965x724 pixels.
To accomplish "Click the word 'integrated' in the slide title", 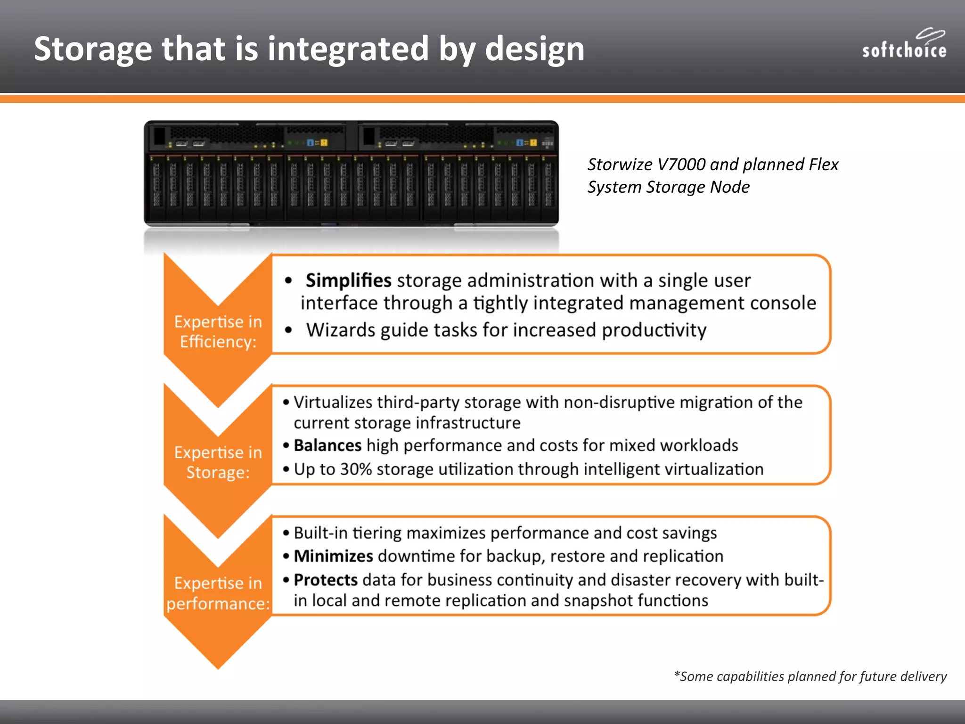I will pyautogui.click(x=348, y=49).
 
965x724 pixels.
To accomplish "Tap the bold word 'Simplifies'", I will pyautogui.click(x=348, y=280).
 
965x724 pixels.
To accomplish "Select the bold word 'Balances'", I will pyautogui.click(x=327, y=445).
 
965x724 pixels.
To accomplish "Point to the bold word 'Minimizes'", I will pyautogui.click(x=333, y=556).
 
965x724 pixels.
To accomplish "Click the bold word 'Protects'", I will pyautogui.click(x=326, y=580).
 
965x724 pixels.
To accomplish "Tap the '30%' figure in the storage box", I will pyautogui.click(x=356, y=469).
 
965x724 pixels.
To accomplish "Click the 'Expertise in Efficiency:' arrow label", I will pyautogui.click(x=218, y=331).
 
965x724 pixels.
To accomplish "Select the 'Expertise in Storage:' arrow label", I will pyautogui.click(x=218, y=462).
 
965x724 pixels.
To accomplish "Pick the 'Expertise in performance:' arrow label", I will pyautogui.click(x=218, y=593).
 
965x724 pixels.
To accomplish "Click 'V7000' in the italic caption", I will pyautogui.click(x=681, y=165).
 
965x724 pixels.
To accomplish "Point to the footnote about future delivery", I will pyautogui.click(x=810, y=676).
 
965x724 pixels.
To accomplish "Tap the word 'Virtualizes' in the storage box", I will pyautogui.click(x=333, y=402).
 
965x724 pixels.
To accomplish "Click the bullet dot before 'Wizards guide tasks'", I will pyautogui.click(x=288, y=330).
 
